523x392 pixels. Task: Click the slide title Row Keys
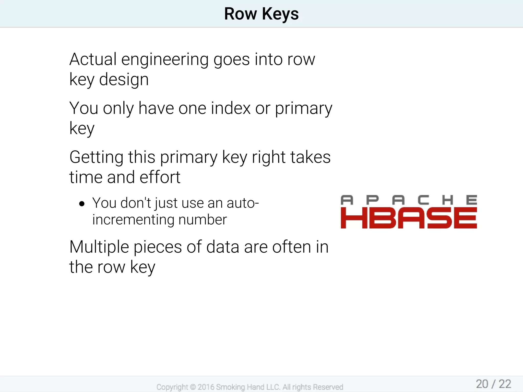[x=261, y=14]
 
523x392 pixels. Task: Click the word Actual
[x=93, y=59]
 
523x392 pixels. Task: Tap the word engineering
[x=165, y=60]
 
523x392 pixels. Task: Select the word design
[x=124, y=80]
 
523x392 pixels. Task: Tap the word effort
[x=160, y=177]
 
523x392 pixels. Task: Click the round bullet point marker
[x=82, y=204]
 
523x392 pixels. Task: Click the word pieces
[x=158, y=248]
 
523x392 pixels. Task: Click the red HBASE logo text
[x=409, y=218]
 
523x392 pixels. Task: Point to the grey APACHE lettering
[x=409, y=200]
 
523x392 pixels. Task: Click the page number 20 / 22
[x=493, y=384]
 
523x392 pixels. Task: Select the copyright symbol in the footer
[x=193, y=387]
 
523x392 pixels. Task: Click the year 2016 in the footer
[x=206, y=387]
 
